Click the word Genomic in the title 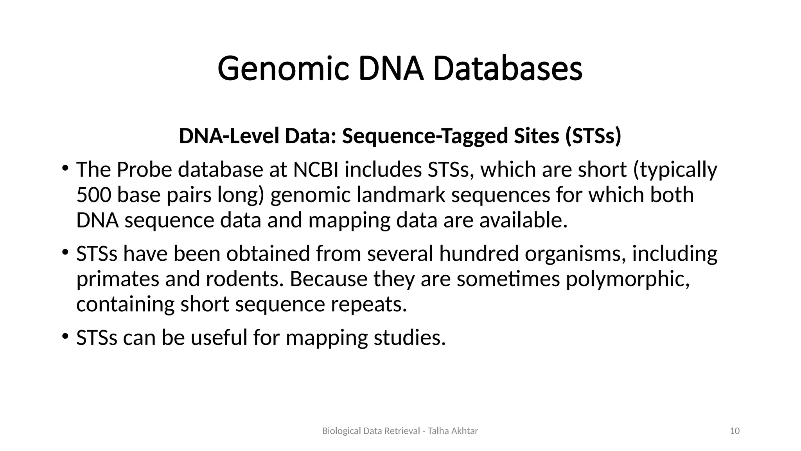(283, 69)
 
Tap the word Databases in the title (508, 69)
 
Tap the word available (523, 220)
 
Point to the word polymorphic (628, 279)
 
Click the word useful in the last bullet (219, 337)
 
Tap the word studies (409, 337)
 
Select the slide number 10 (735, 431)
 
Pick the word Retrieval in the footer (402, 431)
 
